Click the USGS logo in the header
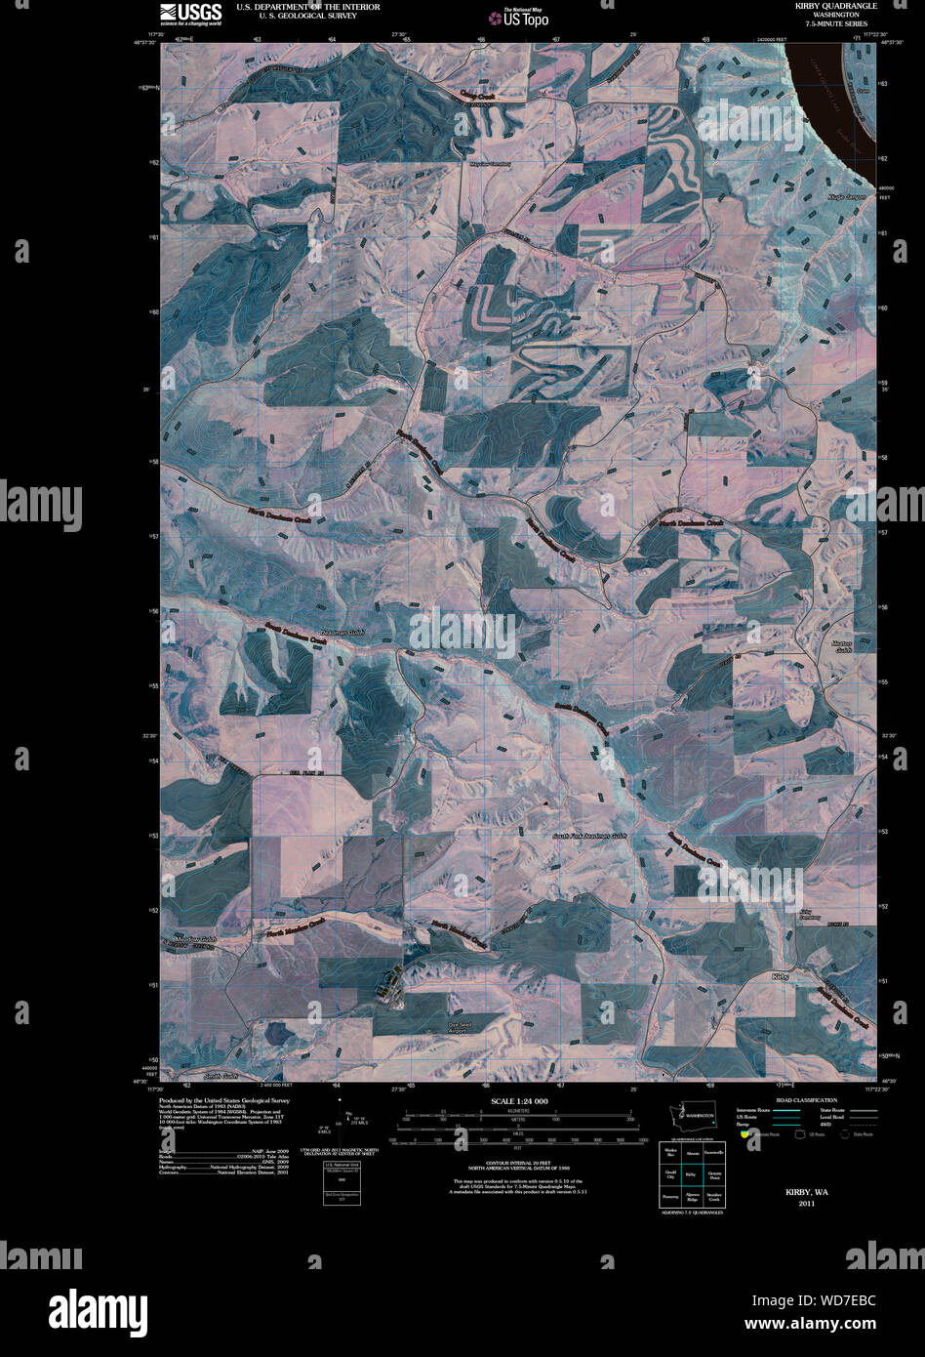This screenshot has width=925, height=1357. (x=190, y=13)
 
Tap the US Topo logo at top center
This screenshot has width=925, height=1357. (x=525, y=17)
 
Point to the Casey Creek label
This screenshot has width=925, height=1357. (x=479, y=96)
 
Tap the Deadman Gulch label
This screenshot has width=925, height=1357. (x=342, y=633)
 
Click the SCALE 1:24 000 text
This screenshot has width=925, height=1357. (x=520, y=1100)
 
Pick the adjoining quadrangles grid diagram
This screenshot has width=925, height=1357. (x=691, y=1174)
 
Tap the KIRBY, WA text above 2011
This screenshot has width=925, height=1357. (x=807, y=1192)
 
